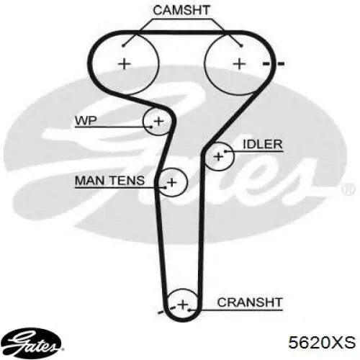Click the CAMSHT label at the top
pos(181,10)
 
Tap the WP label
pos(86,120)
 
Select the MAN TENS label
pos(109,181)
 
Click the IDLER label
pos(263,145)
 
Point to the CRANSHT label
pos(250,302)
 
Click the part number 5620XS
pos(322,342)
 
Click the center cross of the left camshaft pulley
pos(125,64)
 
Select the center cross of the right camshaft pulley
pos(239,64)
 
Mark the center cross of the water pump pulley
pos(158,121)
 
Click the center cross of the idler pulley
pos(218,157)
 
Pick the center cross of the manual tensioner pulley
pos(171,182)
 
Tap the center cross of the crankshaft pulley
pos(183,305)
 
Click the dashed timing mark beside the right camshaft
pos(274,64)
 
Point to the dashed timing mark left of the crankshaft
pos(166,310)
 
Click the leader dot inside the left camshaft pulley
pos(123,45)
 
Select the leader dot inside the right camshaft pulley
pos(242,45)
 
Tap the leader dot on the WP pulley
pos(151,127)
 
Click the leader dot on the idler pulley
pos(225,151)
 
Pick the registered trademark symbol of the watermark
pos(348,189)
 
